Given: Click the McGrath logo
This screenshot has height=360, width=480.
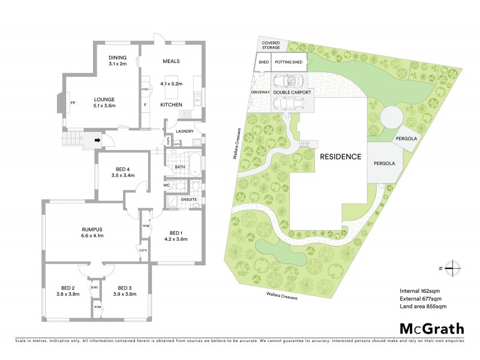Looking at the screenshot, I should pyautogui.click(x=431, y=328).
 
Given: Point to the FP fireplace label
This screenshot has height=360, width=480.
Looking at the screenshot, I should pyautogui.click(x=73, y=103).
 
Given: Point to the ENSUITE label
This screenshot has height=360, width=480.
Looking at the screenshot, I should pyautogui.click(x=190, y=199).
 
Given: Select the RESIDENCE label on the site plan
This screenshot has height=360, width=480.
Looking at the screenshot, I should pyautogui.click(x=340, y=157).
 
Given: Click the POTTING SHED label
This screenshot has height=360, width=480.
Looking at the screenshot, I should pyautogui.click(x=289, y=62).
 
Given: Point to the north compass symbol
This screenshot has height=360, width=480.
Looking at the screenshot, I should pyautogui.click(x=457, y=268).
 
